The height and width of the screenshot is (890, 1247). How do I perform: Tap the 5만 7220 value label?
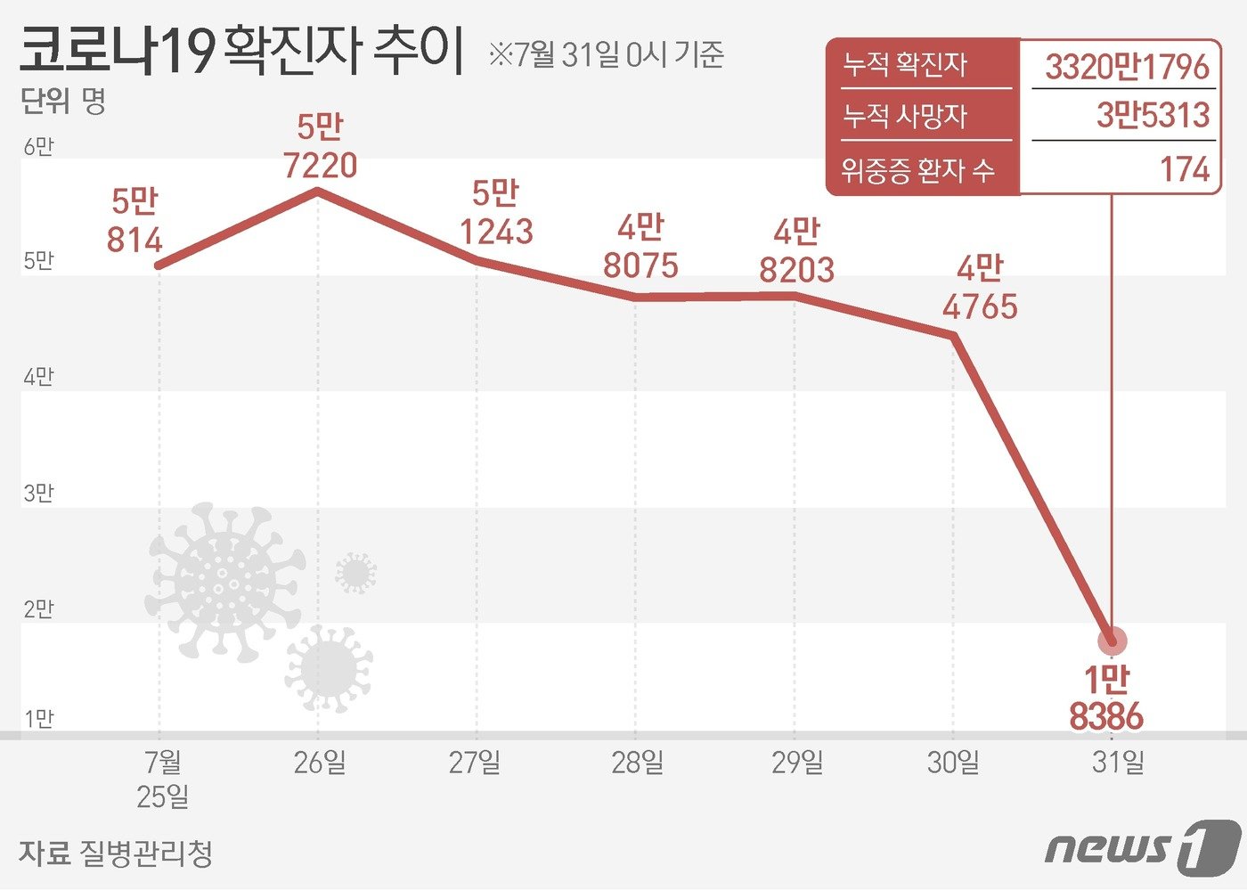(320, 147)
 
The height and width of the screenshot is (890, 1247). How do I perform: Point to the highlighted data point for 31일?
(1112, 641)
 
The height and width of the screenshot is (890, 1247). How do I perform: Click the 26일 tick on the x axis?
(320, 763)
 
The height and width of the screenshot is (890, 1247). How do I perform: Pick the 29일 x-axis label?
(797, 763)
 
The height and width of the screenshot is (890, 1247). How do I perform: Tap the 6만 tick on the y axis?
(38, 147)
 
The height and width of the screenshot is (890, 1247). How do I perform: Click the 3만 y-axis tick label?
(38, 493)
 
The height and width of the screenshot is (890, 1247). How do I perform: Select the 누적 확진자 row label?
(905, 64)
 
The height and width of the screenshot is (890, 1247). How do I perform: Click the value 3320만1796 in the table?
(1127, 67)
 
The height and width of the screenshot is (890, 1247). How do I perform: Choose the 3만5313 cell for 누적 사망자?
(1153, 115)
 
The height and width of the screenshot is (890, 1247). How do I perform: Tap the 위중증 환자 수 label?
(917, 169)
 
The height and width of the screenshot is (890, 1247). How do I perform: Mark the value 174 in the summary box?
(1185, 169)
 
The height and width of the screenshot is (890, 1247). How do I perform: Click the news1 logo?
(1143, 847)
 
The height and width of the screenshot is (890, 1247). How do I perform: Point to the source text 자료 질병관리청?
(116, 853)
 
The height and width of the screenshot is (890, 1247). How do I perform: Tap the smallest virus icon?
(355, 573)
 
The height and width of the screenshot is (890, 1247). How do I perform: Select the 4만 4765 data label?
(980, 288)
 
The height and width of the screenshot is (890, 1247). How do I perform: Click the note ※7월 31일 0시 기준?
(606, 55)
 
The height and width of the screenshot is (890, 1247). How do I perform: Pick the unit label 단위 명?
(63, 102)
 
